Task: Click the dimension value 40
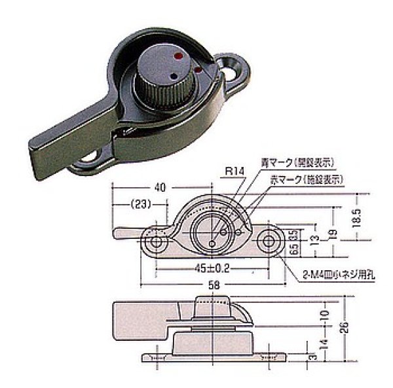tap(160, 186)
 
